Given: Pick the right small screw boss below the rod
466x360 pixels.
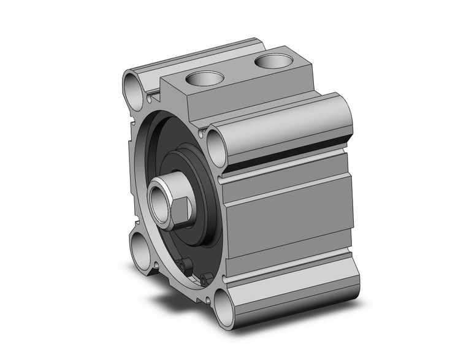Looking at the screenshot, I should coord(203,279).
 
